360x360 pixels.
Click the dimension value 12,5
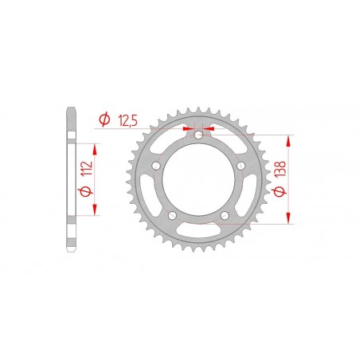pos(127,120)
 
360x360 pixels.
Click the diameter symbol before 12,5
pos(104,120)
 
